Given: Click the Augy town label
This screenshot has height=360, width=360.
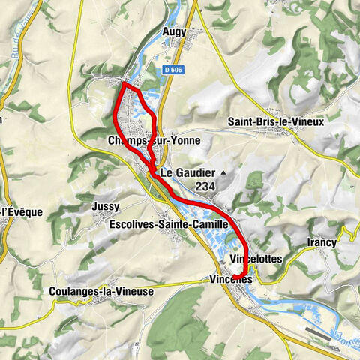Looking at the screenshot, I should pos(174,32).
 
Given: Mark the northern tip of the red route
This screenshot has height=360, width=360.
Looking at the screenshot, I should pos(123,84).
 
